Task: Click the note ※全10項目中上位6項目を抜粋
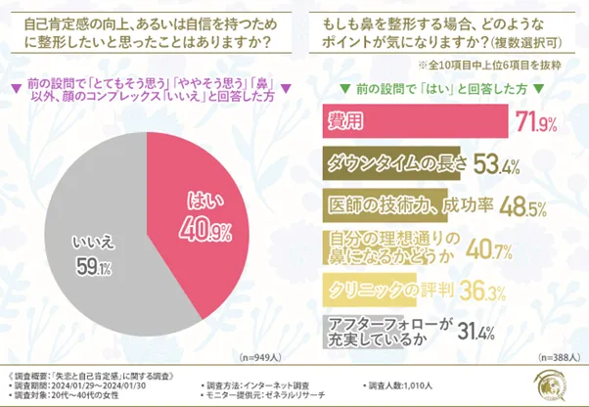click(488, 66)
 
